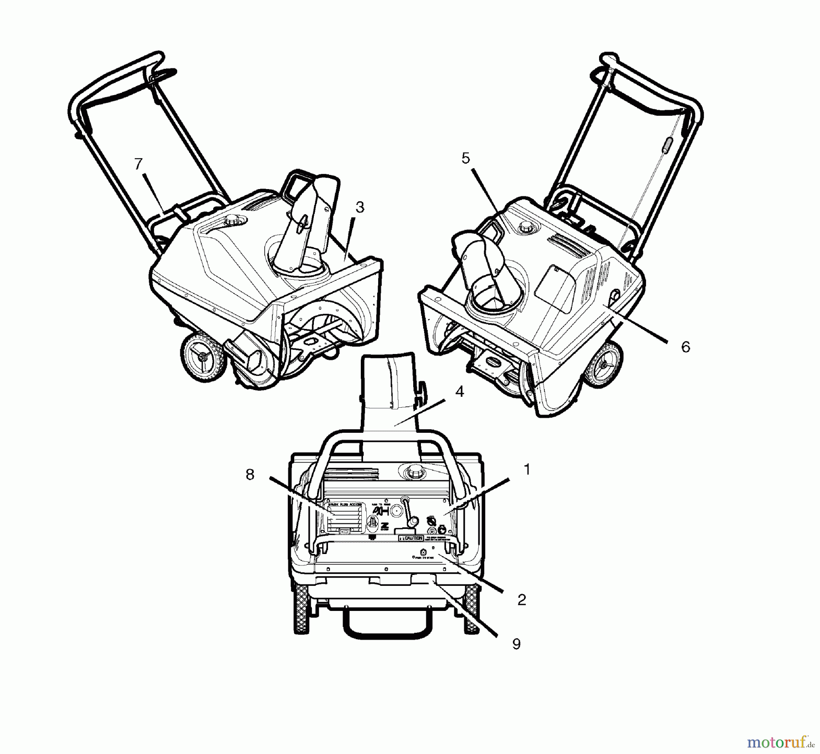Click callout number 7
coord(138,164)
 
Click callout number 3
coord(360,207)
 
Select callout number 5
coord(465,158)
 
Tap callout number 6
coord(686,347)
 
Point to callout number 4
coord(459,391)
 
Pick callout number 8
coord(250,475)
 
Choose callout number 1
coord(527,469)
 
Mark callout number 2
coord(522,600)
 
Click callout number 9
coord(516,644)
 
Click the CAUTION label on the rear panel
coord(411,538)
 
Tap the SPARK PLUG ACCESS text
coord(345,505)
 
